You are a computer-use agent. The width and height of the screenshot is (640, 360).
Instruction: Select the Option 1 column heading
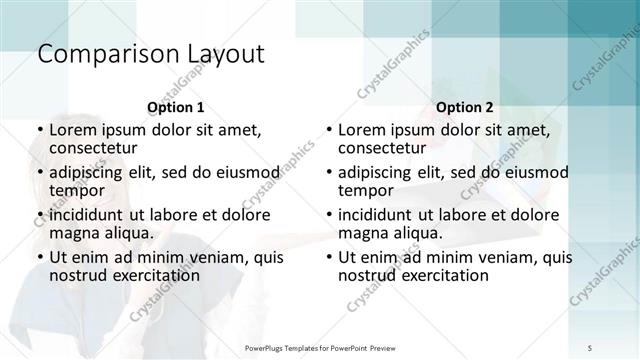(x=175, y=106)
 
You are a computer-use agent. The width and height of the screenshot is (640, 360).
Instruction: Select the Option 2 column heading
(x=464, y=106)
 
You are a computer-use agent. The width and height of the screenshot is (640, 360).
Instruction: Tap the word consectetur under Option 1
(x=97, y=148)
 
